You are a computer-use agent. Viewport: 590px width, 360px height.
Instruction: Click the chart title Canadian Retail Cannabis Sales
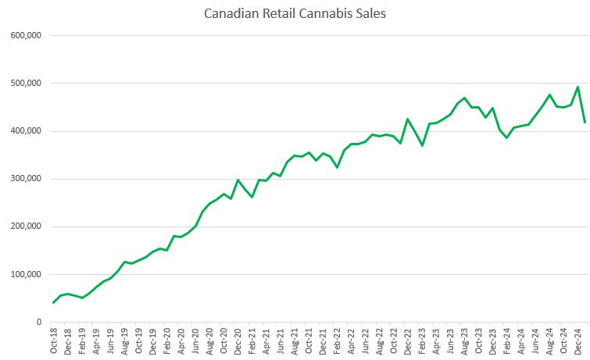click(x=295, y=13)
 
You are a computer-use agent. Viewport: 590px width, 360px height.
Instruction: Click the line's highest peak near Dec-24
click(x=577, y=87)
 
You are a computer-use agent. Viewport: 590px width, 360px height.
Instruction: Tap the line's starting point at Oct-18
click(x=54, y=302)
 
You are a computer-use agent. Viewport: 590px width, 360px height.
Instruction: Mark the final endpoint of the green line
click(x=585, y=122)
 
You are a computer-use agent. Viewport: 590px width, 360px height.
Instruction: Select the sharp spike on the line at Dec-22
click(x=407, y=119)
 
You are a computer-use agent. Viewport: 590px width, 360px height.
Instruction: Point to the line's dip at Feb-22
click(x=337, y=167)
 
